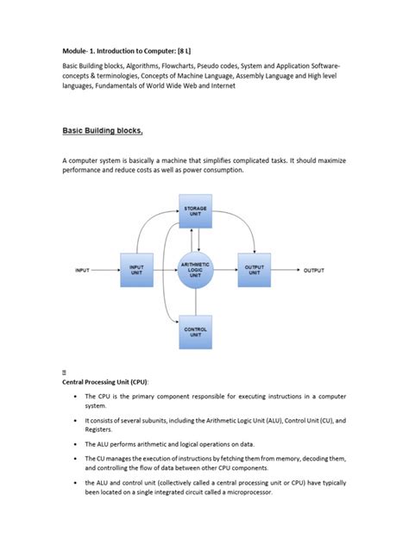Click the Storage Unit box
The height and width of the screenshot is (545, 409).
pyautogui.click(x=196, y=212)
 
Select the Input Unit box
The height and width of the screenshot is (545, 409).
pyautogui.click(x=136, y=270)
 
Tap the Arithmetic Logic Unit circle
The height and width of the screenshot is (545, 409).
pyautogui.click(x=197, y=270)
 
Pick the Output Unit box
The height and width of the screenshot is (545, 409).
pyautogui.click(x=255, y=270)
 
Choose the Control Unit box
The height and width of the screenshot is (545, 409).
pyautogui.click(x=196, y=331)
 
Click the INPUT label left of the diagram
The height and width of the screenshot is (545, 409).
pyautogui.click(x=82, y=271)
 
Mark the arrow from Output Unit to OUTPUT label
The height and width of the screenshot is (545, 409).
pyautogui.click(x=282, y=271)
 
